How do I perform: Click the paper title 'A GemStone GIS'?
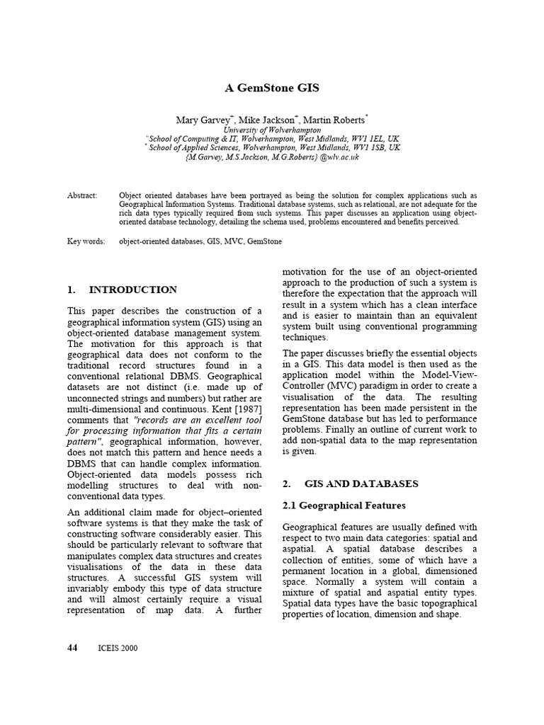(x=272, y=88)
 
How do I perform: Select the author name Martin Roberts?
(x=335, y=120)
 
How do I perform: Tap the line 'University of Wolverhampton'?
(x=272, y=130)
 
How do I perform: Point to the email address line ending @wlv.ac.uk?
(x=272, y=157)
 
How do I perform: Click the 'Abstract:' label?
(x=82, y=195)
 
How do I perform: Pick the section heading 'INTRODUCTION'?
(x=133, y=290)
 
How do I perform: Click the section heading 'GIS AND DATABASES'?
(x=361, y=484)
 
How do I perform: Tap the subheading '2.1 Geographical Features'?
(x=344, y=506)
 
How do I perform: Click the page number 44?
(x=72, y=647)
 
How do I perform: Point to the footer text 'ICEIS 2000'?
(x=118, y=648)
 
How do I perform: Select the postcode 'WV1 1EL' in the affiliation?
(x=365, y=139)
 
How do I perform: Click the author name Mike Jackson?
(x=271, y=120)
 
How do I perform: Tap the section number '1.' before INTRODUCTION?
(x=72, y=290)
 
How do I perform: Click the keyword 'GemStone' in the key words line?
(x=265, y=241)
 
